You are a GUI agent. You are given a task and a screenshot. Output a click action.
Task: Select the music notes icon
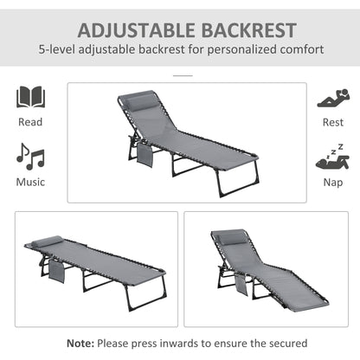point(30,157)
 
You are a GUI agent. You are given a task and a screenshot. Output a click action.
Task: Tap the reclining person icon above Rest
point(331,97)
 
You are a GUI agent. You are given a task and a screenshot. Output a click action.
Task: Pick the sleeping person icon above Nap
point(331,157)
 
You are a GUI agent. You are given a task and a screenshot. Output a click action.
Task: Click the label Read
point(30,122)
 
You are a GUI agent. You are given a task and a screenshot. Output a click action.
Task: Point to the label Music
point(30,183)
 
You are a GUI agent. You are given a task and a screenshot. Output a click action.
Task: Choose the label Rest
point(331,122)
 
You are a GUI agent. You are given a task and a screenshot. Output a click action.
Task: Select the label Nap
point(331,183)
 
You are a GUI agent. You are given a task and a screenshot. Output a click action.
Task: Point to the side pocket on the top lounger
point(143,155)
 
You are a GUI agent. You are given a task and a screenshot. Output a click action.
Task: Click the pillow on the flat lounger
point(48,240)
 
